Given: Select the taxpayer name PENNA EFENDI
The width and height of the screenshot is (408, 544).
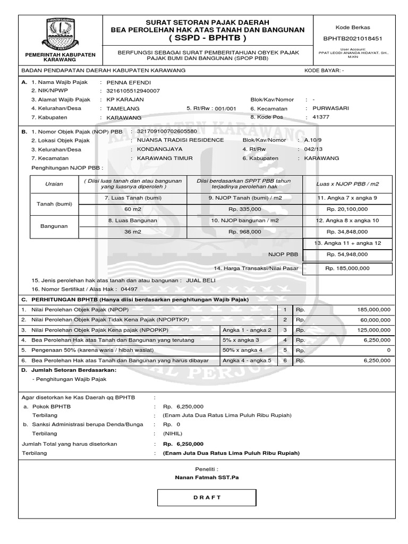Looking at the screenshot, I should [x=129, y=83].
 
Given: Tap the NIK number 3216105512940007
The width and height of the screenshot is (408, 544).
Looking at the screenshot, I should [x=133, y=91].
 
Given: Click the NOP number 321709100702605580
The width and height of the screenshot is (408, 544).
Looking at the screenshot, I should [x=167, y=131].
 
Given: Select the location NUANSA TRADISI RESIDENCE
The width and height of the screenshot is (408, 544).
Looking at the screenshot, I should [x=181, y=140].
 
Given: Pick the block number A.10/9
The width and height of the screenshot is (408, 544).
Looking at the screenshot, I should [x=313, y=140].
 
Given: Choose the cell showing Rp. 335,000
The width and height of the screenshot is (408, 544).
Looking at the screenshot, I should [x=244, y=209].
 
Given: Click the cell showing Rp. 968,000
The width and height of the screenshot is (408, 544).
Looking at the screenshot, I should [x=244, y=232].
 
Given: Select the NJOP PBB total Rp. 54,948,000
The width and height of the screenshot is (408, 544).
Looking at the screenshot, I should [x=347, y=255].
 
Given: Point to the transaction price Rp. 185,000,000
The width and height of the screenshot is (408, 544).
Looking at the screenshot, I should [x=347, y=269].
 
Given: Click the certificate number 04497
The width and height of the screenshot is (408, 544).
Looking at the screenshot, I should [x=129, y=290].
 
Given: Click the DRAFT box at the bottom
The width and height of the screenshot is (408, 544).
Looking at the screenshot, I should [x=207, y=498].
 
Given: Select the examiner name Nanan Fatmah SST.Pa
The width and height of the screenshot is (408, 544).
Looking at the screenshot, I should [x=207, y=478].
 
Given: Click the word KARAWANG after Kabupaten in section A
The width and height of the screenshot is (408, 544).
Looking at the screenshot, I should [x=124, y=117].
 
